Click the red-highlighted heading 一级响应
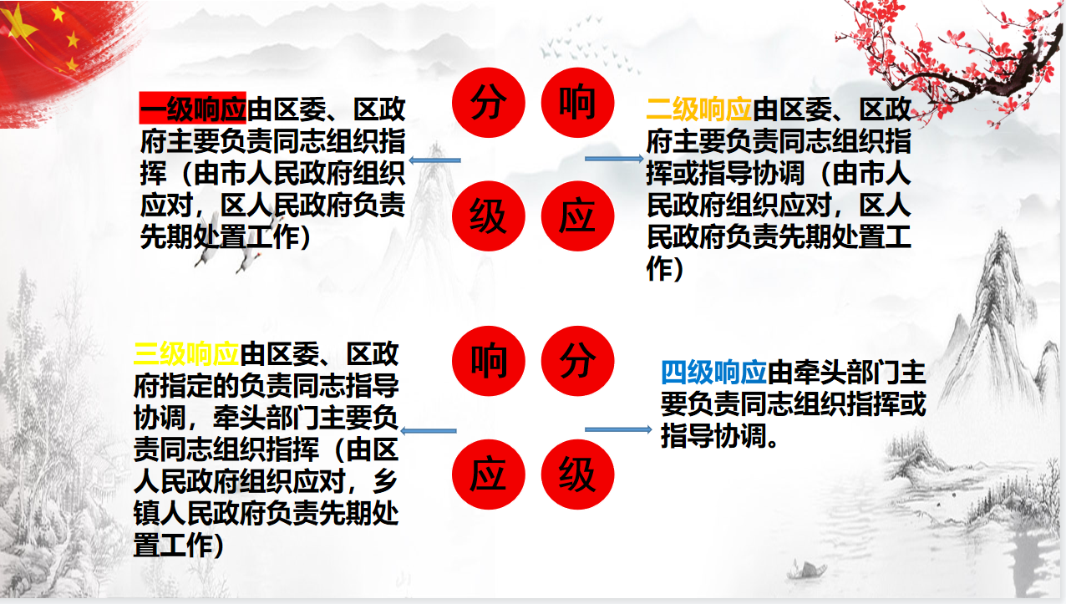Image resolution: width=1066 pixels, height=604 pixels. [193, 109]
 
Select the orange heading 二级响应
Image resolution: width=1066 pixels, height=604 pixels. [699, 109]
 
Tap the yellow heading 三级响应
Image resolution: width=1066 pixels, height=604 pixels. [186, 353]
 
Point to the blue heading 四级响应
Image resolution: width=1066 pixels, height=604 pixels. [713, 373]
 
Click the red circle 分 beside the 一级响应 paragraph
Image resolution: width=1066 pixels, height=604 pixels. [488, 103]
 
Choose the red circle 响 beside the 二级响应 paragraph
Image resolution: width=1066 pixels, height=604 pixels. [577, 103]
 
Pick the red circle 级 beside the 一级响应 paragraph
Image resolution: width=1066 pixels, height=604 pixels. [488, 216]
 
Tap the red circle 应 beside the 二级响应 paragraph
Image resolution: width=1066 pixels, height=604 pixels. [577, 216]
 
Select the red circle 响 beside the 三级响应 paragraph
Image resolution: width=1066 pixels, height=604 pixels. [488, 361]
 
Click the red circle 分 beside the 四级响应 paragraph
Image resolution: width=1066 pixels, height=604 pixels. [577, 361]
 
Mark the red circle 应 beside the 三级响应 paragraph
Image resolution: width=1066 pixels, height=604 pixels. [488, 475]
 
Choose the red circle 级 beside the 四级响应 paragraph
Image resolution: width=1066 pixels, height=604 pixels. [577, 475]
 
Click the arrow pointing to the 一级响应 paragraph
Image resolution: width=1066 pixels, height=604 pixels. [435, 160]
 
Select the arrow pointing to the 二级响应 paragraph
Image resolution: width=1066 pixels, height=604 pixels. [614, 159]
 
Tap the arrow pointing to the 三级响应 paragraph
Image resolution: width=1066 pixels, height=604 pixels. [429, 431]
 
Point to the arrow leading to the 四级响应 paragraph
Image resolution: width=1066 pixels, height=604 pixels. [618, 429]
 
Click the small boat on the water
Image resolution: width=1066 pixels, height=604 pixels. [806, 570]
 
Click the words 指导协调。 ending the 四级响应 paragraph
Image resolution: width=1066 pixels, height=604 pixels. [720, 436]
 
